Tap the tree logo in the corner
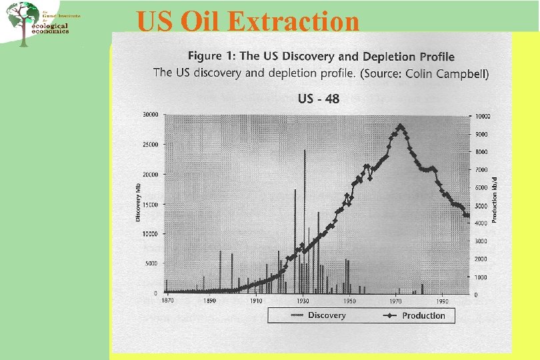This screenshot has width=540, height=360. tap(23, 23)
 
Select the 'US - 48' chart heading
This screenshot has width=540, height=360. tap(318, 99)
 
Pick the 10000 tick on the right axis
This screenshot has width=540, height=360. tap(482, 116)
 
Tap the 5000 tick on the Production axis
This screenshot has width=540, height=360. tap(481, 206)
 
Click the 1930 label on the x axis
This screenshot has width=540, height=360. tap(303, 301)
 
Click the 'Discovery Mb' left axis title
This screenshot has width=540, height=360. tap(139, 203)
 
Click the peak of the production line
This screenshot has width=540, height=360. tap(400, 126)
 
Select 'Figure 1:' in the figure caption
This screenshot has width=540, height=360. tap(213, 56)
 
